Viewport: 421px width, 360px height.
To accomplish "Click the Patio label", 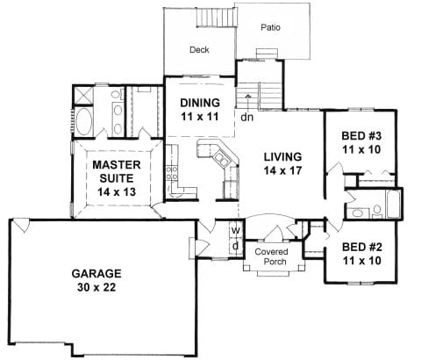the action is point(270,27).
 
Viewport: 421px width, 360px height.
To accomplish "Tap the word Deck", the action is point(199,50).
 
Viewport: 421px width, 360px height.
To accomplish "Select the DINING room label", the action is point(200,103).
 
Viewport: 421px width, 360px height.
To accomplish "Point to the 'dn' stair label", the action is point(246,117).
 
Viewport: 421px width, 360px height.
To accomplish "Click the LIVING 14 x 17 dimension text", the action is point(282,170).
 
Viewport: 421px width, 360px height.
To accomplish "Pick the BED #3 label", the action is point(361,136).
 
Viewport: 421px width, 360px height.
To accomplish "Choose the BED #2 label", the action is point(362,247).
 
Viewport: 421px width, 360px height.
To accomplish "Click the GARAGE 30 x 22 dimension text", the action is point(96,287).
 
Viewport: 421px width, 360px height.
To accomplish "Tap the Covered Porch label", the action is point(271,256).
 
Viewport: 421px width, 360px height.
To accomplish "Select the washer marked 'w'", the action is point(236,230).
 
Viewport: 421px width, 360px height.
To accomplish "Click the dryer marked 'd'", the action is point(236,246).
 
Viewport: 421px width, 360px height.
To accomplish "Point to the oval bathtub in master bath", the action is point(83,122).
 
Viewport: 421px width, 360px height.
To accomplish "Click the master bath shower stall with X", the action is point(82,95).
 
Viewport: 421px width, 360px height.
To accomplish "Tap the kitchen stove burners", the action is point(172,173).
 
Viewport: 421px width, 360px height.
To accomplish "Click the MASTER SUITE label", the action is point(117,171).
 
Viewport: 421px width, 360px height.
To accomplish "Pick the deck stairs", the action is point(217,18).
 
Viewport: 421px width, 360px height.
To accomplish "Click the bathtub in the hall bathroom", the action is point(393,204).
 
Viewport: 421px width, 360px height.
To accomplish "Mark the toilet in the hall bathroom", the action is point(377,212).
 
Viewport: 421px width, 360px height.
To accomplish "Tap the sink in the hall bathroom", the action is point(358,212).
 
